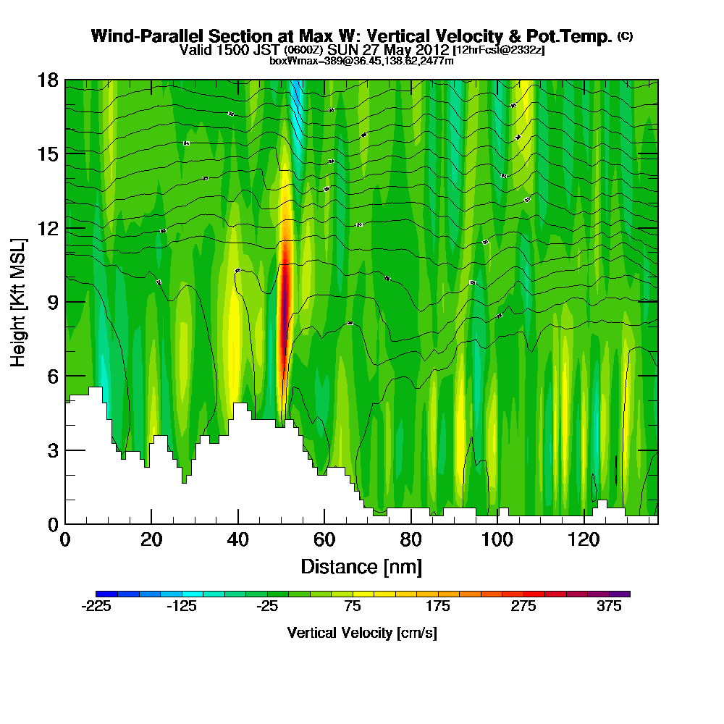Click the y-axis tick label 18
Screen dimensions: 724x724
click(x=48, y=80)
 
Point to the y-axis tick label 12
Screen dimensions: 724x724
click(x=48, y=228)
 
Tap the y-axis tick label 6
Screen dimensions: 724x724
click(x=52, y=376)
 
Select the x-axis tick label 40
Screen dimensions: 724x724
click(x=237, y=539)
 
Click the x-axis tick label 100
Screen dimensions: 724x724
click(x=497, y=539)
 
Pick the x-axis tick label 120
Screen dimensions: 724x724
click(x=584, y=539)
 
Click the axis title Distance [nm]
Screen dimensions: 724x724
click(x=361, y=566)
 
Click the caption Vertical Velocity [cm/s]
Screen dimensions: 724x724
click(x=361, y=633)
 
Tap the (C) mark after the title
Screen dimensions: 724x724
click(x=625, y=36)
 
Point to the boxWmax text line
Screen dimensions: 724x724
click(x=361, y=61)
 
